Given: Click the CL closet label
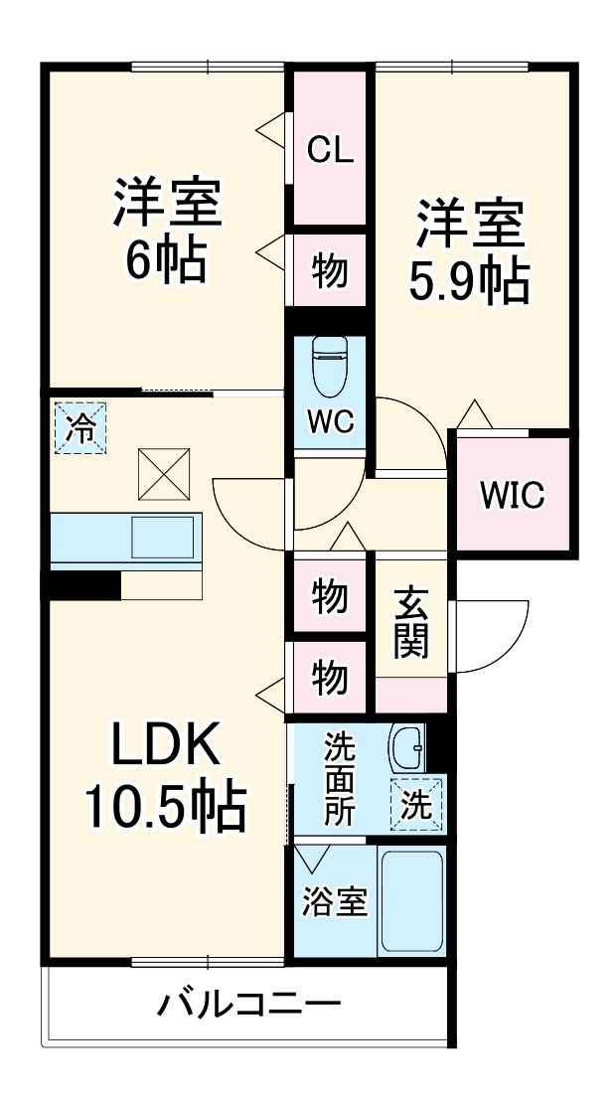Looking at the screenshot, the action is [330, 149].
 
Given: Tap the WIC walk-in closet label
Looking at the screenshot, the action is [512, 496].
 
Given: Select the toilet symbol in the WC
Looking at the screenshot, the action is [330, 366].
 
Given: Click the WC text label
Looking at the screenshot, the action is [330, 421].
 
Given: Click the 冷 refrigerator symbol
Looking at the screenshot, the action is [80, 427].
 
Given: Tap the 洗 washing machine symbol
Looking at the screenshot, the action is [418, 802].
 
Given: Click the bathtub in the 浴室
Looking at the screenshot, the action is [411, 901].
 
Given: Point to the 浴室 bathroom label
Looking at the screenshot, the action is [335, 900].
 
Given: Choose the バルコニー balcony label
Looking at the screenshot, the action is [248, 1004].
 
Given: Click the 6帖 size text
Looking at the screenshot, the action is [166, 260].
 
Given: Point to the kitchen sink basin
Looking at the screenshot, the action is [162, 538].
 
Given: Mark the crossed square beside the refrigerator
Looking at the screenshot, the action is [164, 474].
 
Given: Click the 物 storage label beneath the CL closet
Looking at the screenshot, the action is [330, 270].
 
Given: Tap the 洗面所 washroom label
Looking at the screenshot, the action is [340, 779].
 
